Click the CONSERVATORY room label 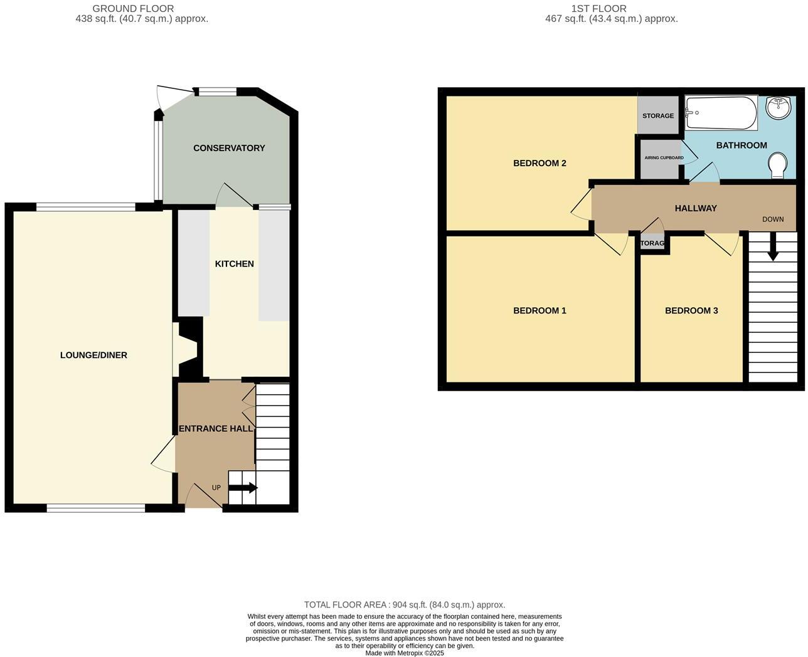pos(229,148)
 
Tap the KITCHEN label pos(234,264)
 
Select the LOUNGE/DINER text pos(93,355)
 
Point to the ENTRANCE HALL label pos(216,429)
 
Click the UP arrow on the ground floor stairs pos(243,488)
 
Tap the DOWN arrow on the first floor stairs pos(773,247)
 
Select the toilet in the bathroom pos(778,166)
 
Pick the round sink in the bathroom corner pos(779,107)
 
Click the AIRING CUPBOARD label pos(664,158)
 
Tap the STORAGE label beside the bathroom pos(658,116)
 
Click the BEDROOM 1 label pos(540,310)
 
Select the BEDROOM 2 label pos(540,163)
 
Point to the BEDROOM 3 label pos(691,310)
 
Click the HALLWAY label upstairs pos(695,208)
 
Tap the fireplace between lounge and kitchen pos(188,349)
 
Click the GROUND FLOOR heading pos(133,9)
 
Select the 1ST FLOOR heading pos(598,9)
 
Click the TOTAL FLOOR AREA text pos(405,605)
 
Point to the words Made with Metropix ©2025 pos(405,653)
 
